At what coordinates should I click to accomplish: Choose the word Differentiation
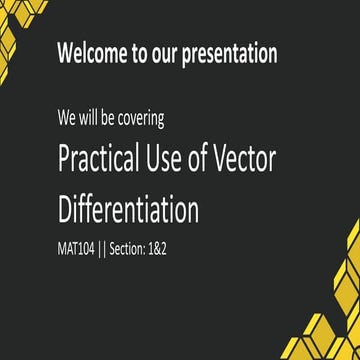tap(128, 209)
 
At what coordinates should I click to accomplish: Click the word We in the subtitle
tap(67, 118)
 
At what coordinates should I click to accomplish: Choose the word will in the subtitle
tap(88, 118)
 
